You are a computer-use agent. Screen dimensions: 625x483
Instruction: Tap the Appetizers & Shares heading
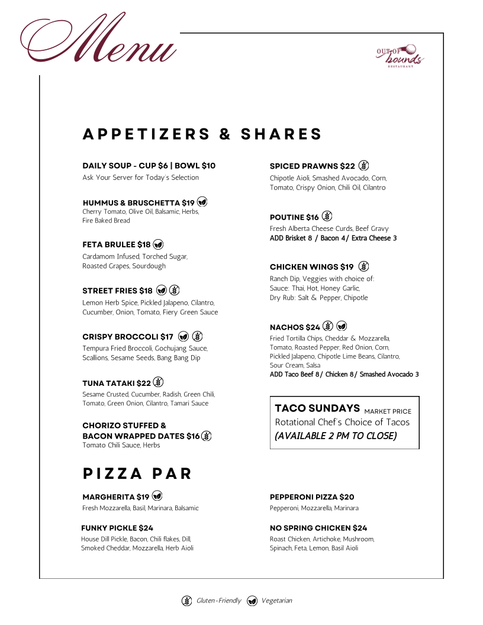[x=202, y=134]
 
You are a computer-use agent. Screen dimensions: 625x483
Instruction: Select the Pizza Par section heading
[x=137, y=473]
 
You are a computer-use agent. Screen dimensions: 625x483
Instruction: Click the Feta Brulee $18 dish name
[x=117, y=244]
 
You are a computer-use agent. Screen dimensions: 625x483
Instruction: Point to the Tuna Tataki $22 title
[x=117, y=383]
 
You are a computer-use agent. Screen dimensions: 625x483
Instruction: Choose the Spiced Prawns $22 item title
[x=312, y=166]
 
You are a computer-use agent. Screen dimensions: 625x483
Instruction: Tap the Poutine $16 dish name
[x=294, y=217]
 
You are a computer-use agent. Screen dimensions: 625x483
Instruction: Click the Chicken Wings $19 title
[x=311, y=267]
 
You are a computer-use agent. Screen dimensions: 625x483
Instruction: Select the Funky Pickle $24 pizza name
[x=117, y=528]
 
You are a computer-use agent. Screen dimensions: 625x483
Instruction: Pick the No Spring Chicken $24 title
[x=318, y=528]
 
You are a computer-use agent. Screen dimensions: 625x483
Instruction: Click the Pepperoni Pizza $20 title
[x=312, y=497]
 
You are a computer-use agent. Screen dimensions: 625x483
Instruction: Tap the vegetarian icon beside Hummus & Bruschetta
[x=202, y=202]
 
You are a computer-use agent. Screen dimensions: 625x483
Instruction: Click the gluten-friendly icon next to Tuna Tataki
[x=159, y=382]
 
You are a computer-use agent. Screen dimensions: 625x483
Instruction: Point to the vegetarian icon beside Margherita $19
[x=157, y=496]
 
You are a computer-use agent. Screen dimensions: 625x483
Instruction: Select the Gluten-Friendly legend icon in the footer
[x=186, y=601]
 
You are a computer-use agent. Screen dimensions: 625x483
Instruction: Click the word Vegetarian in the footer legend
[x=276, y=601]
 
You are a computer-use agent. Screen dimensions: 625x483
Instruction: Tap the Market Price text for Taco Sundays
[x=388, y=411]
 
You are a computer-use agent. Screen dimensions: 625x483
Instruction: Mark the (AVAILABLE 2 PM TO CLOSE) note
[x=336, y=436]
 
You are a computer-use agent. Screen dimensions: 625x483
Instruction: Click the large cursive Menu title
[x=99, y=40]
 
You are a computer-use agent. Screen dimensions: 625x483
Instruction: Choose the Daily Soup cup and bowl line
[x=149, y=166]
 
